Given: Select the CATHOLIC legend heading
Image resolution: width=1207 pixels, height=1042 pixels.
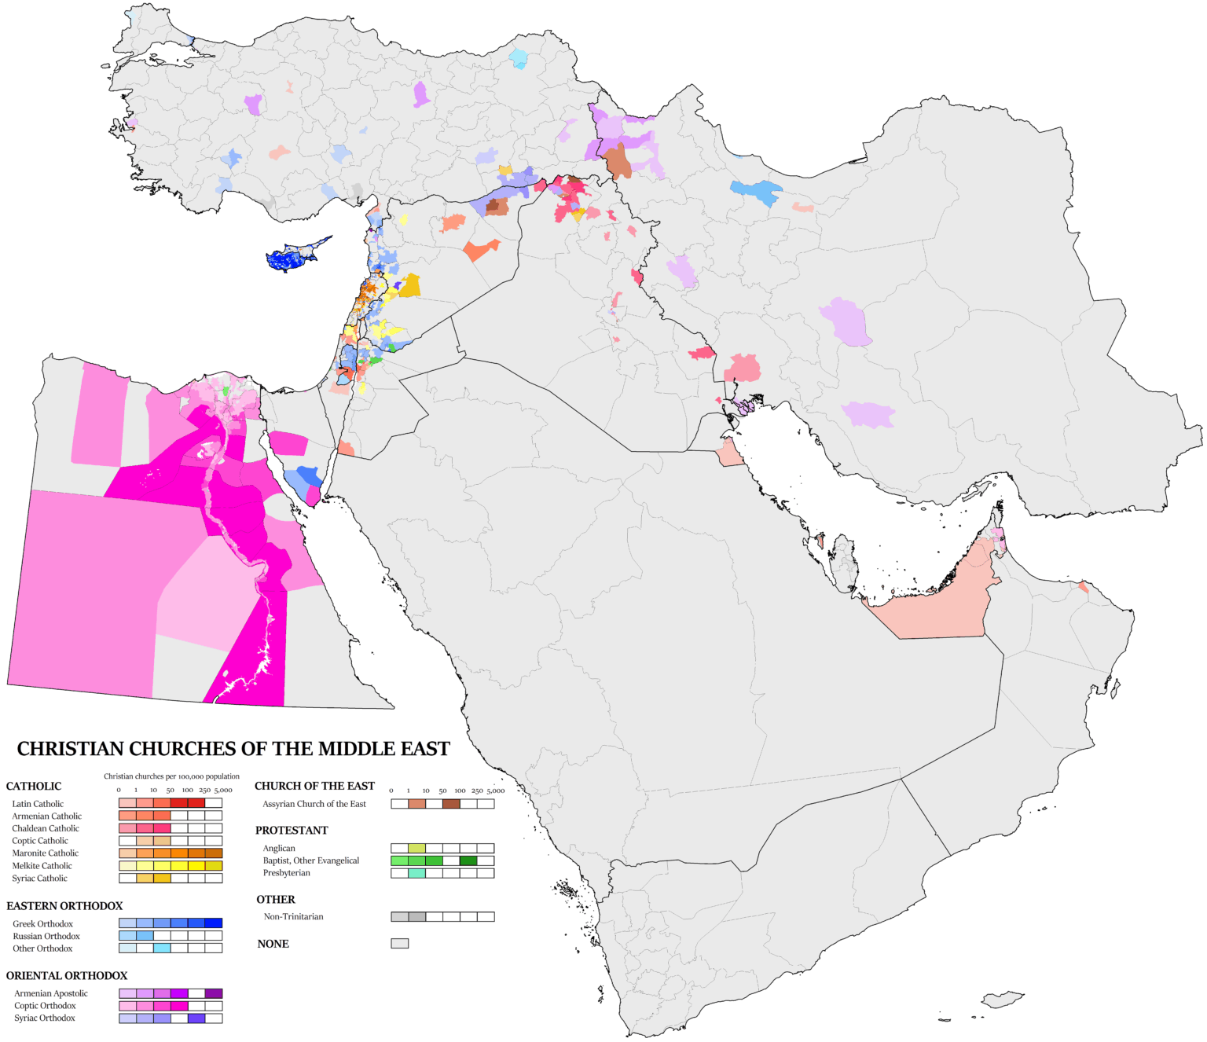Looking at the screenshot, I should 34,786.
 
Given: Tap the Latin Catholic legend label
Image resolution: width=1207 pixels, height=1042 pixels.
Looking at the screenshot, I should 38,804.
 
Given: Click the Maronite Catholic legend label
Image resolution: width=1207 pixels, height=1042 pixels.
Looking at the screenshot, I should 46,853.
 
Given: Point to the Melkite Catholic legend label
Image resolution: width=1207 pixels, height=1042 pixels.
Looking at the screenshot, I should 42,866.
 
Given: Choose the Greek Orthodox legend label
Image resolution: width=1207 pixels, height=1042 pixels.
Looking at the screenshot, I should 43,924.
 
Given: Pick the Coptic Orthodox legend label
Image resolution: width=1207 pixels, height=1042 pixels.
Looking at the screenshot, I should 45,1006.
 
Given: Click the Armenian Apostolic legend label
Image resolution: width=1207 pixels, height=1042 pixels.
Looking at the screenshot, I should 51,993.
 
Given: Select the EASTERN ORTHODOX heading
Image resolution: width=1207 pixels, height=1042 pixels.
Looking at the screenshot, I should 64,906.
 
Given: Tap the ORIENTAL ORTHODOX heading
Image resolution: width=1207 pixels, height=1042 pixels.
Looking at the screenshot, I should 67,976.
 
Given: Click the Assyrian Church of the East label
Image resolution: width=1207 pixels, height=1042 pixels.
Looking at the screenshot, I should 314,804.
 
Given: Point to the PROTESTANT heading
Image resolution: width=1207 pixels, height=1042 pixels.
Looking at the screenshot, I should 292,831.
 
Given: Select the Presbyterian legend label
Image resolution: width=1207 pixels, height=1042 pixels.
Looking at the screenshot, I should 287,873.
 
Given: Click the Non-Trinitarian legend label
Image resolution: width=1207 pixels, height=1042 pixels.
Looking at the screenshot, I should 294,917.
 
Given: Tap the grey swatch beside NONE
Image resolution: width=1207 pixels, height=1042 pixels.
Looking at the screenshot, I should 400,944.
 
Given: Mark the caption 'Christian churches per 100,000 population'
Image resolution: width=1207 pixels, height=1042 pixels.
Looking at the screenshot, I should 171,776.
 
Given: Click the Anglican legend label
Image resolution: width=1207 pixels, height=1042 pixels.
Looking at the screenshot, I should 280,849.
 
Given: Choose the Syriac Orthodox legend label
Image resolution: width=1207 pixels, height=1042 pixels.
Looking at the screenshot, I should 45,1018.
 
